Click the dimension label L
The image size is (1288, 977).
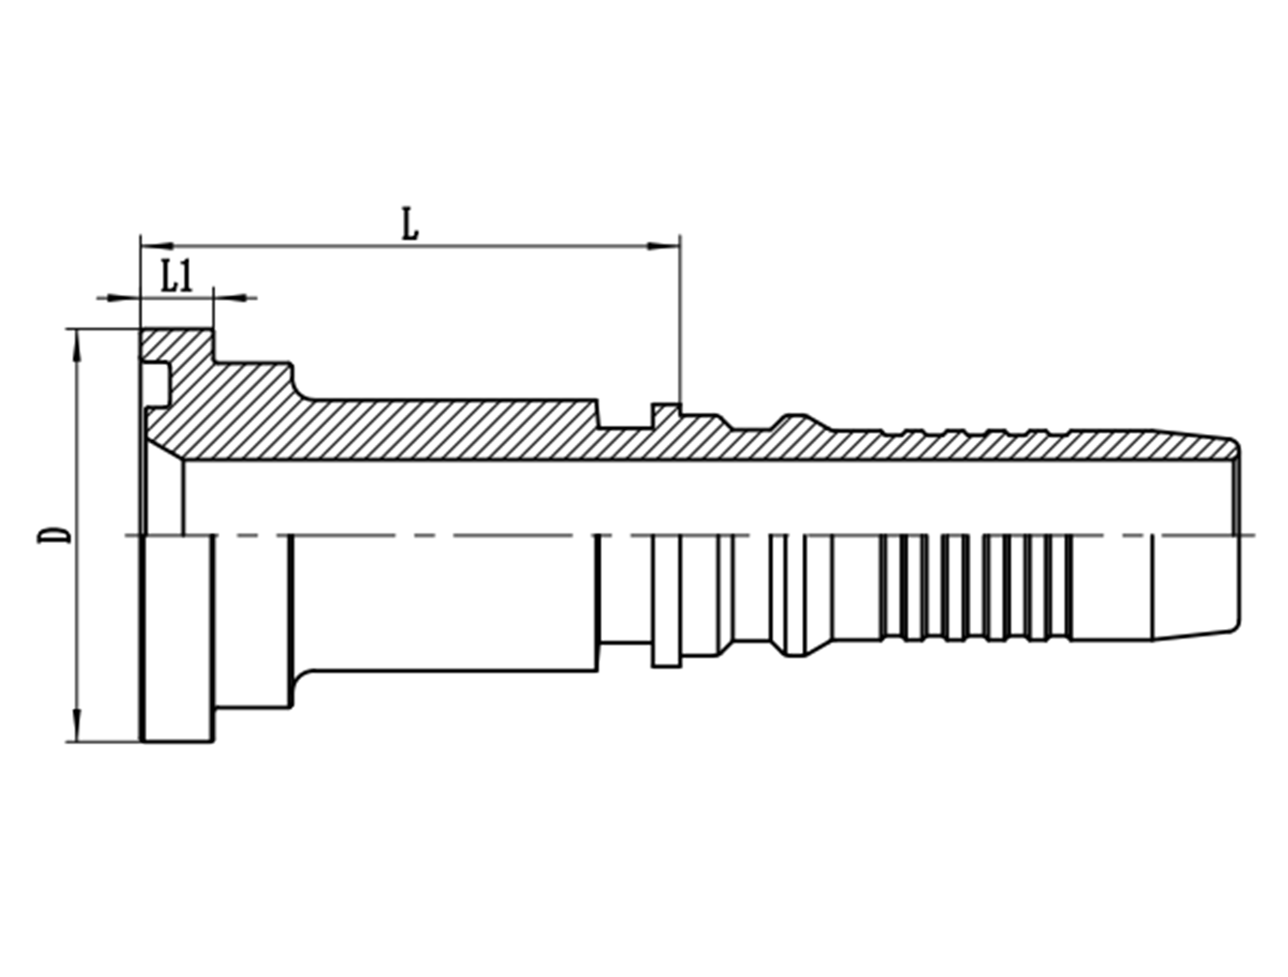410,225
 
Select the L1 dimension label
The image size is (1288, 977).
177,277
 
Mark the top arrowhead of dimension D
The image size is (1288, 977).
78,345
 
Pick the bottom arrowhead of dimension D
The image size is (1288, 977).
78,725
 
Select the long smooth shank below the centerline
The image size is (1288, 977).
447,601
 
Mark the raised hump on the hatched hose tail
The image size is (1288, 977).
794,421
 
